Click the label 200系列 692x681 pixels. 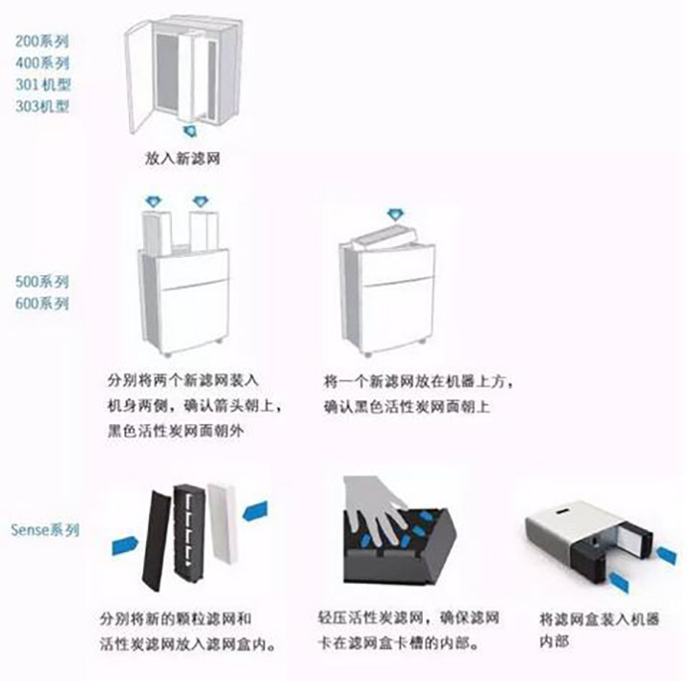pos(42,41)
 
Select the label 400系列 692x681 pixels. pos(43,63)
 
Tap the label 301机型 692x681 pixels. pos(43,85)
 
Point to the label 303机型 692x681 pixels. pos(43,106)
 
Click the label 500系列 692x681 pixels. pos(42,281)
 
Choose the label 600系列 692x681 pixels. pos(42,303)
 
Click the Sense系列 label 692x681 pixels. pos(45,530)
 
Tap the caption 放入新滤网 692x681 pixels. pos(183,158)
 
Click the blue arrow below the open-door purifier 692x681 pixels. pos(190,131)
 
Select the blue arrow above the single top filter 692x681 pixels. pos(395,215)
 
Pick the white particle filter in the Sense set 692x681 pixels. pos(223,522)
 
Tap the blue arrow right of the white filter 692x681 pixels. pos(255,511)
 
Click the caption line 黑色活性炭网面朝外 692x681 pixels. pos(176,431)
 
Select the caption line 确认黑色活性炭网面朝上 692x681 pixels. pos(408,406)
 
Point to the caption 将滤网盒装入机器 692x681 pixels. pos(599,618)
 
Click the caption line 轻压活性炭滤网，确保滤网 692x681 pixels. pos(408,617)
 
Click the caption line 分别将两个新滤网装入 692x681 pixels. pos(184,381)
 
